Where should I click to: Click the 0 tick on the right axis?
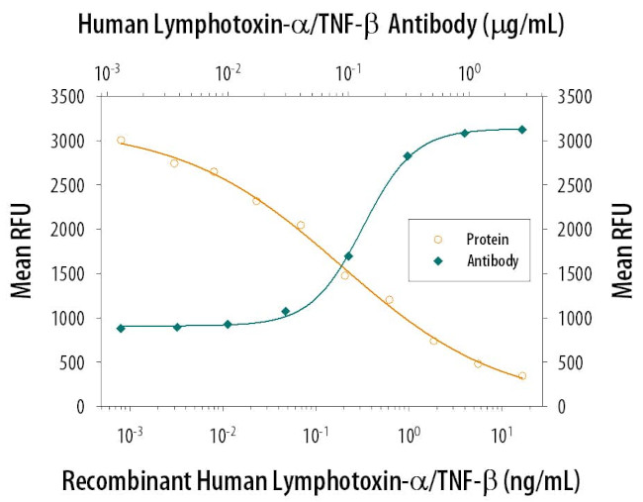[x=565, y=406]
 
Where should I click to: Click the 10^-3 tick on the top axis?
[x=108, y=72]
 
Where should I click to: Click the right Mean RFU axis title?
[x=621, y=251]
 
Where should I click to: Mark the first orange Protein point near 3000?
[x=121, y=141]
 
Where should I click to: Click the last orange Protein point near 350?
[x=522, y=376]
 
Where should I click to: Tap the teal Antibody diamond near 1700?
[x=348, y=256]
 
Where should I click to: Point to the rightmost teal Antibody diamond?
[x=522, y=130]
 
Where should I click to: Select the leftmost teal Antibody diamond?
[x=121, y=328]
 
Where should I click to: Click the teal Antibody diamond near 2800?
[x=408, y=156]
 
